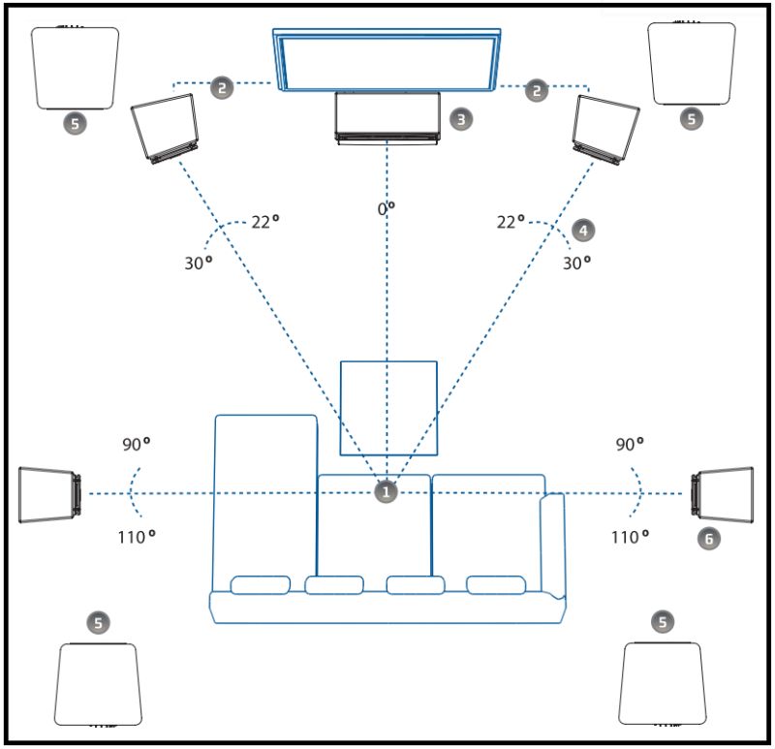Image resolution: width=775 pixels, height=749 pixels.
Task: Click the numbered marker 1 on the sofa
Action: click(387, 492)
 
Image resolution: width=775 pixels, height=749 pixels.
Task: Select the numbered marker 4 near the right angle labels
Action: click(582, 230)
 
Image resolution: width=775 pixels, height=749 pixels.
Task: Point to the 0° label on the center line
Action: click(387, 208)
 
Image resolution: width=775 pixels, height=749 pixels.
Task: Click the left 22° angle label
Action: click(264, 222)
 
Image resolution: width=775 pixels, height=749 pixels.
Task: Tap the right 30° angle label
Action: click(576, 262)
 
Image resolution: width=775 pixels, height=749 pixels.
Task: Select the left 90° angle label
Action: click(136, 445)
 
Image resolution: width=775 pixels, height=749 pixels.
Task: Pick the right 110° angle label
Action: click(629, 536)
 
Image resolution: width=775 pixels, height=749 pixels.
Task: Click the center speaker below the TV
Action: click(387, 117)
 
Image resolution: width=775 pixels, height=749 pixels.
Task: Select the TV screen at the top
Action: click(387, 59)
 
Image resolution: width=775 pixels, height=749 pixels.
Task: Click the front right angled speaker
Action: click(606, 128)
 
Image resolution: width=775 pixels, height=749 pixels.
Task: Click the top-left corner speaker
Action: click(76, 68)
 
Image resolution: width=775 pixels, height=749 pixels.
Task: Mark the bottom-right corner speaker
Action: click(661, 682)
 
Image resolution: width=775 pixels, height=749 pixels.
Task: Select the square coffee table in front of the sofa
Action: click(388, 408)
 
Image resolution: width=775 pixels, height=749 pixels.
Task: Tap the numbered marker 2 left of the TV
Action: click(222, 89)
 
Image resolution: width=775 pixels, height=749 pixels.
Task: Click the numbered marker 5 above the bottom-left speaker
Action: click(98, 622)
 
